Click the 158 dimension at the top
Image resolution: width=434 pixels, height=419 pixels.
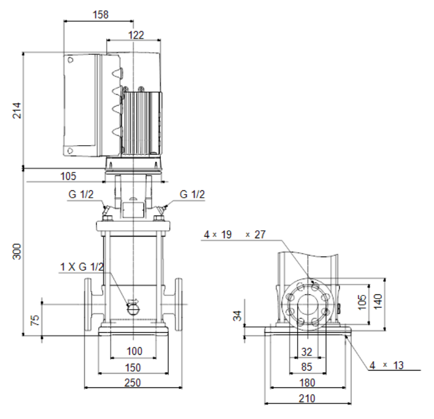pyautogui.click(x=100, y=14)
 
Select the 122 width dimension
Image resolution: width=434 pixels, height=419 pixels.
pyautogui.click(x=136, y=35)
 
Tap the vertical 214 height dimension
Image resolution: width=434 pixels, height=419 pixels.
pyautogui.click(x=17, y=110)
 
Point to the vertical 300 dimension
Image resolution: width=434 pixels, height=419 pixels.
pyautogui.click(x=17, y=251)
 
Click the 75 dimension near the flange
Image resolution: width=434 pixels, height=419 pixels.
pyautogui.click(x=35, y=320)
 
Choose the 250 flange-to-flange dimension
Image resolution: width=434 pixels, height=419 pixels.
pyautogui.click(x=133, y=383)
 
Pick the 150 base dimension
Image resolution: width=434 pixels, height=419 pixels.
pyautogui.click(x=133, y=368)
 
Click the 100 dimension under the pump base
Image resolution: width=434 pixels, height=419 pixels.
pyautogui.click(x=135, y=351)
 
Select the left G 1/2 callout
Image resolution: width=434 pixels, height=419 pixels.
pyautogui.click(x=81, y=194)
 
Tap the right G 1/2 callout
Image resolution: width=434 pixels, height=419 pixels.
pyautogui.click(x=193, y=194)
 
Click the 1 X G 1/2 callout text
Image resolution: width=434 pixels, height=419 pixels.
pyautogui.click(x=82, y=267)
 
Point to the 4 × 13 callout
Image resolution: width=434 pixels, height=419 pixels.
pyautogui.click(x=387, y=365)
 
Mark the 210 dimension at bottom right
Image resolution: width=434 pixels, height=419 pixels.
pyautogui.click(x=307, y=398)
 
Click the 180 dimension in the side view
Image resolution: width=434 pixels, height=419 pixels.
pyautogui.click(x=307, y=383)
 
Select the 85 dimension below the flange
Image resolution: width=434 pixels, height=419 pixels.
pyautogui.click(x=307, y=367)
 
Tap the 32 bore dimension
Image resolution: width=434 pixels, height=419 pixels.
pyautogui.click(x=307, y=352)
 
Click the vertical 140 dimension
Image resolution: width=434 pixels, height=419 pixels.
pyautogui.click(x=378, y=301)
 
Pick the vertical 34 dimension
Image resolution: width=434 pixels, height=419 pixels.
pyautogui.click(x=237, y=316)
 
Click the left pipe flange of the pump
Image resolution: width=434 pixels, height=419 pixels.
pyautogui.click(x=88, y=304)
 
